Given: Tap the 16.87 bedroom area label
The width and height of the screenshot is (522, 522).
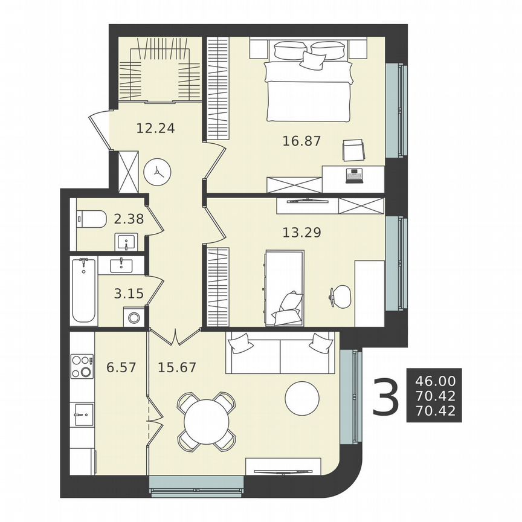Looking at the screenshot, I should (x=301, y=141).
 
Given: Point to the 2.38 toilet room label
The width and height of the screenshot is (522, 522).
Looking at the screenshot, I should (x=129, y=219).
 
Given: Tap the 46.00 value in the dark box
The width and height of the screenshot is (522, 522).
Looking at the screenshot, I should (x=434, y=382).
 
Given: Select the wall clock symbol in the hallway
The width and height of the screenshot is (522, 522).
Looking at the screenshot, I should (x=157, y=172).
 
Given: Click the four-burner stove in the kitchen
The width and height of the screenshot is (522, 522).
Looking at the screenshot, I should (x=82, y=366).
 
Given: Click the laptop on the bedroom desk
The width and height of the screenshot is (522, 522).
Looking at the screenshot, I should (x=353, y=175).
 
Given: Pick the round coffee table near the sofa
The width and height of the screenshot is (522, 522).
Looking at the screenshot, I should (x=302, y=399).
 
